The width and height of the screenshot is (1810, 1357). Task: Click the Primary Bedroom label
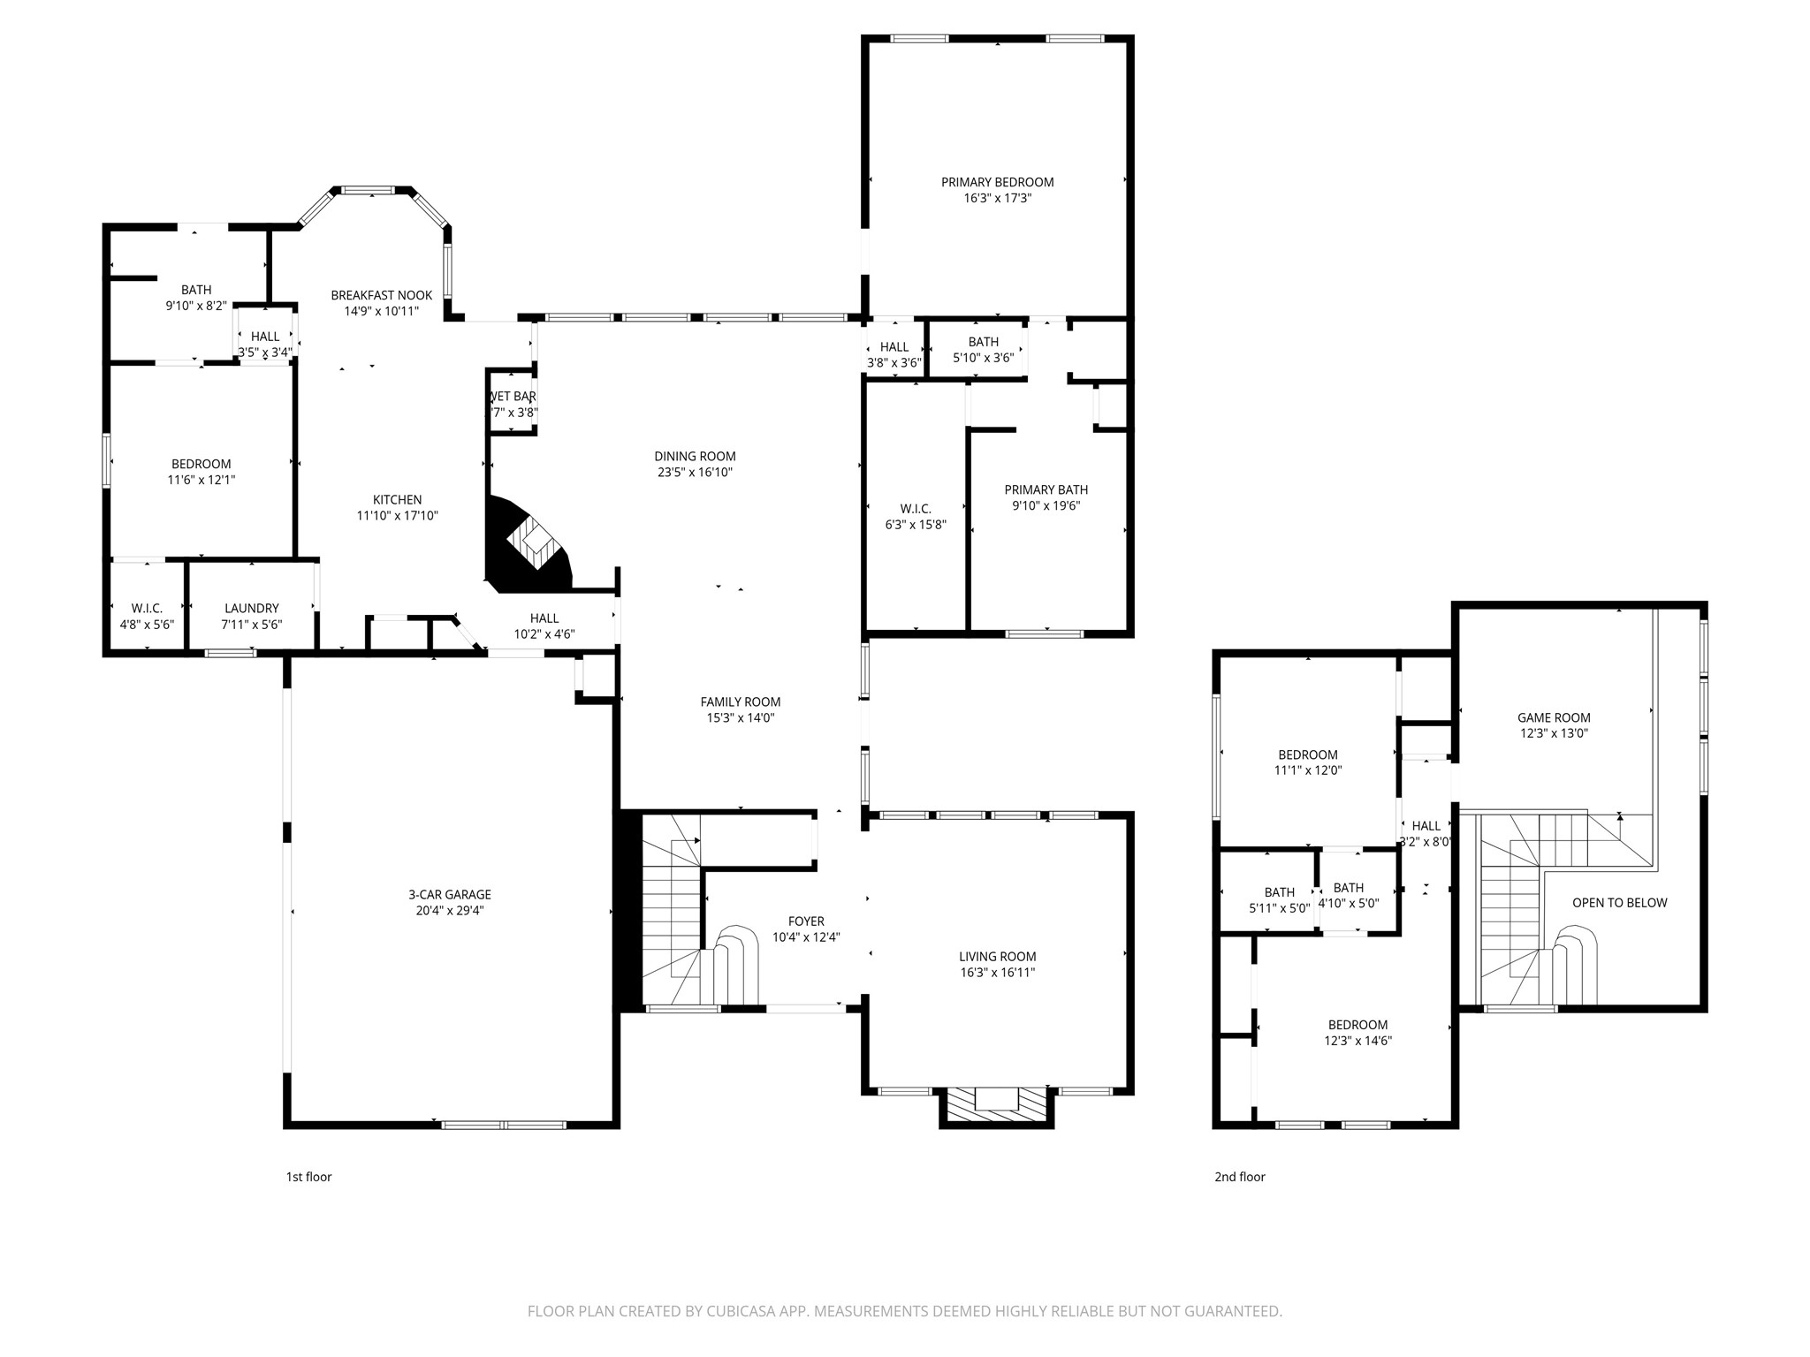(997, 183)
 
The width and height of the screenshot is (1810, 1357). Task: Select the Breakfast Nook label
(381, 295)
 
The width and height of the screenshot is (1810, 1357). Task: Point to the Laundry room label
(252, 608)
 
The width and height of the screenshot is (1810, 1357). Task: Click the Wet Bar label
(513, 397)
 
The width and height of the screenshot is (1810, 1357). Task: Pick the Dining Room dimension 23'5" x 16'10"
(695, 473)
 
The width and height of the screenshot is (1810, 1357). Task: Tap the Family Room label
(740, 702)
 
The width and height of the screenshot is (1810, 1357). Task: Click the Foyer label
(806, 921)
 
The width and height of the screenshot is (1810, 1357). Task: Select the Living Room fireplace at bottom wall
(997, 1104)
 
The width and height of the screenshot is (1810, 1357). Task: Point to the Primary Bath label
(1046, 489)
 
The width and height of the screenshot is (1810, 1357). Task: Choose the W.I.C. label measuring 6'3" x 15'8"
(916, 509)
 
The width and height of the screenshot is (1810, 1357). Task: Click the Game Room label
(1554, 718)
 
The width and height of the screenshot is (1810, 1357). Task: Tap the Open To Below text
(1619, 903)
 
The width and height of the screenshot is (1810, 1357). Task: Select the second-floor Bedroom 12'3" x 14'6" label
(1357, 1025)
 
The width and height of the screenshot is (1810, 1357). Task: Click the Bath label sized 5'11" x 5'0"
(1279, 892)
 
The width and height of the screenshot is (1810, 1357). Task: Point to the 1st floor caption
(308, 1177)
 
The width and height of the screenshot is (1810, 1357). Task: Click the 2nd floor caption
(1239, 1177)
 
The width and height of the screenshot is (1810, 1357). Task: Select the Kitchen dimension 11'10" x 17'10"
(397, 516)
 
